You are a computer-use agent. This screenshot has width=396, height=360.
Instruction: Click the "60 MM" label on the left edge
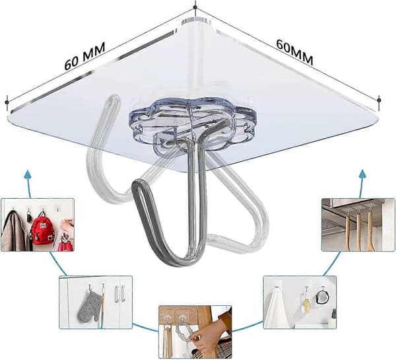point(84,56)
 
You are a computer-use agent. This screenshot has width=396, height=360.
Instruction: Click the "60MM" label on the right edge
point(295,52)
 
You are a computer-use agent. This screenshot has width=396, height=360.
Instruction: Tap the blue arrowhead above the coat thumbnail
point(28,174)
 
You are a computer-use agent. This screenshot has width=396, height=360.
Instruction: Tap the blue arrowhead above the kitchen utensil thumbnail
point(363,174)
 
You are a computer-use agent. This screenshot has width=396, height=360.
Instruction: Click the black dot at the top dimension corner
point(195,7)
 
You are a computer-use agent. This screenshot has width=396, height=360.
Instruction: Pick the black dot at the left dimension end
point(7,102)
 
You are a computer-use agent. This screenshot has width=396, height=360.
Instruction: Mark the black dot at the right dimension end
point(379,100)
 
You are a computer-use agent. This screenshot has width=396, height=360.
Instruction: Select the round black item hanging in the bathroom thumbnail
point(323,297)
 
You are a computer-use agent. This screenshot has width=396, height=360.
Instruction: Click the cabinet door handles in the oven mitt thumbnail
point(119,294)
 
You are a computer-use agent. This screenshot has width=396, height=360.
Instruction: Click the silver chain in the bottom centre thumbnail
point(183,332)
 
